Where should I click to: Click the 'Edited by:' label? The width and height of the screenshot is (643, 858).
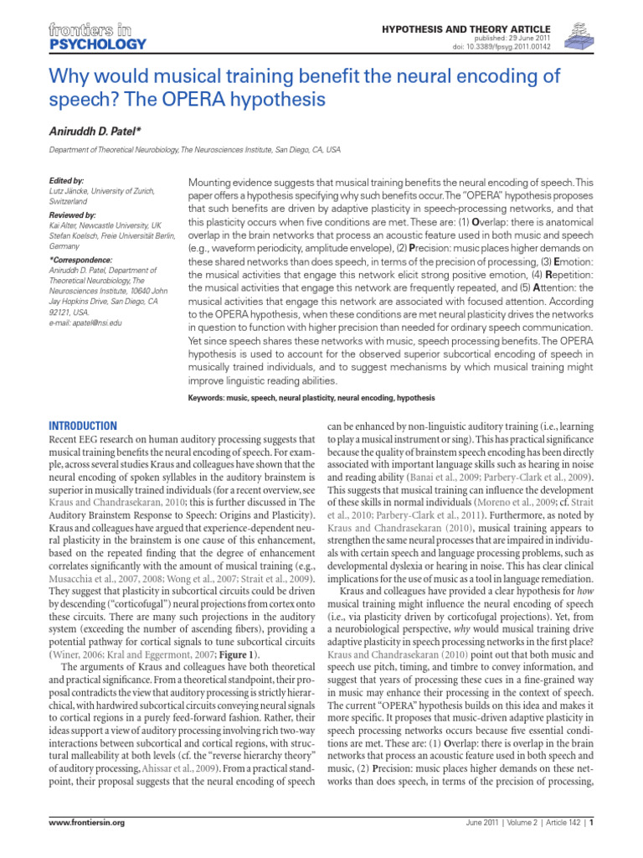click(x=67, y=180)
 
